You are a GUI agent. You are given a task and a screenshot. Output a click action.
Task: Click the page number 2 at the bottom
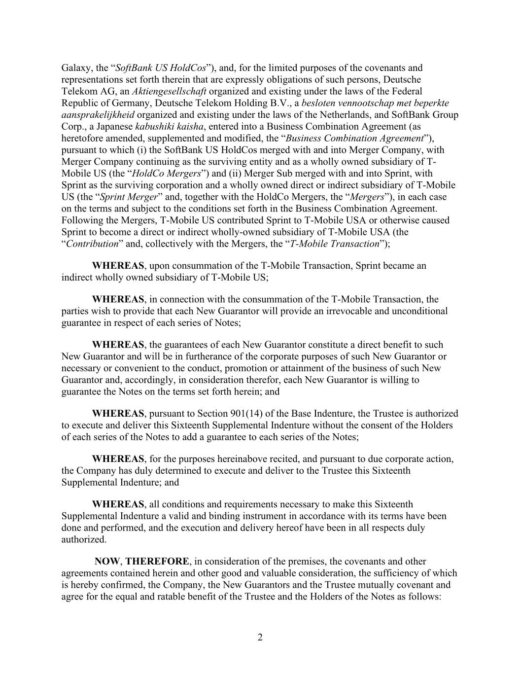click(x=260, y=638)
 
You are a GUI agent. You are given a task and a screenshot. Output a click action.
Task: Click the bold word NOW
click(x=107, y=561)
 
